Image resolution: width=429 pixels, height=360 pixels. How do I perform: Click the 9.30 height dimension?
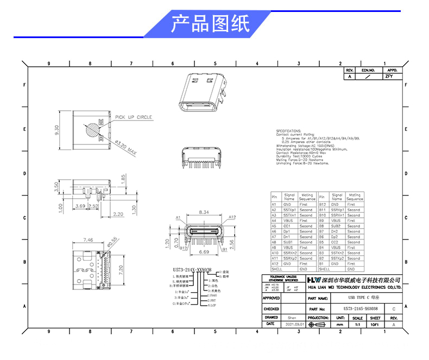57,130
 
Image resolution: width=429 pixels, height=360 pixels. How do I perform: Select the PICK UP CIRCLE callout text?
133,117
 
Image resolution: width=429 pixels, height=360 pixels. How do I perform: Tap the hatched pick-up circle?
92,131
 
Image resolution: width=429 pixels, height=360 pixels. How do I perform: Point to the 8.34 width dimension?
205,212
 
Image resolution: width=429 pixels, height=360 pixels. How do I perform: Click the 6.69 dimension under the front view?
205,252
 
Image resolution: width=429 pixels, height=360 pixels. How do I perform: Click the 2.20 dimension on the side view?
118,214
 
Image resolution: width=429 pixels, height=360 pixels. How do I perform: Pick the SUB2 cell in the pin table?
337,226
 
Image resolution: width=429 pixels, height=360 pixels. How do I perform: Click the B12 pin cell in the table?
321,205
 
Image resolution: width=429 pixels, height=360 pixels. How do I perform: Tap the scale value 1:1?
357,324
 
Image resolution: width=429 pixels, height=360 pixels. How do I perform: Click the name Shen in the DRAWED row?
292,317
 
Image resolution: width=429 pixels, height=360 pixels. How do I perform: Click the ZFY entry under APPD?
389,77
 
